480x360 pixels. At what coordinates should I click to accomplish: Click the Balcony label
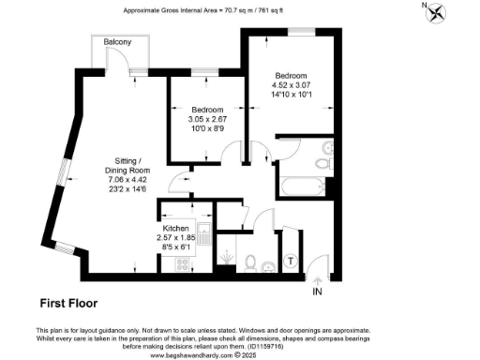click(117, 42)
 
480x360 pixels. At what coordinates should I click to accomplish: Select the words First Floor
click(69, 303)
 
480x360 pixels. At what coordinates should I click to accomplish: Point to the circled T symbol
click(291, 260)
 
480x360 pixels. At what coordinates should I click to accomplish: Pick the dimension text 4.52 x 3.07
click(290, 84)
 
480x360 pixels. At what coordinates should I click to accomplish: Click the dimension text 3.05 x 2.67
click(208, 119)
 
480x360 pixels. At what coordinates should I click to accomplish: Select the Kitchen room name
click(175, 229)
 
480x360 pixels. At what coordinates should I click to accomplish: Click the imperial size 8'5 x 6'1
click(175, 247)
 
